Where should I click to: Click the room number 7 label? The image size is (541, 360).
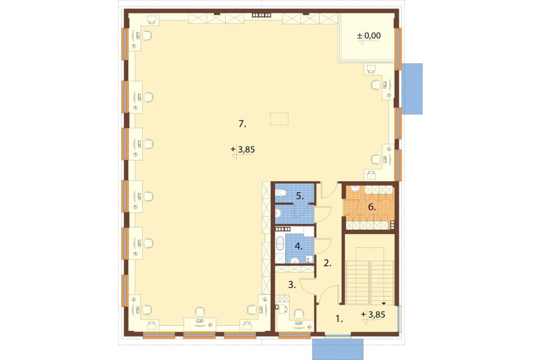242,124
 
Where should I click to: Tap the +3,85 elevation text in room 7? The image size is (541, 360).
243,149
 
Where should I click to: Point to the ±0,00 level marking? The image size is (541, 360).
369,35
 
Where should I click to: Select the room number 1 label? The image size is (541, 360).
339,319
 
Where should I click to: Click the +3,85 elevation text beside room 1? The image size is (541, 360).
373,315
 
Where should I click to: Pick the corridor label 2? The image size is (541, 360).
328,263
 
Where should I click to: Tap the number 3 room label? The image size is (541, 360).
292,285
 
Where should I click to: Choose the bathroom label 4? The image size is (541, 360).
299,246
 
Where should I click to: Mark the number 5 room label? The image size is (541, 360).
300,196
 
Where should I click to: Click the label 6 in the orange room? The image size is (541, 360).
371,207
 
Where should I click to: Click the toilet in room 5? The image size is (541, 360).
281,193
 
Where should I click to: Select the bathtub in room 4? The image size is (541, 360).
279,243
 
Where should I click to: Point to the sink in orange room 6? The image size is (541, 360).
355,188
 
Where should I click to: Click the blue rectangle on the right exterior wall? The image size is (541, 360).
413,89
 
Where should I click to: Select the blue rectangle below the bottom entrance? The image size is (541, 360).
338,349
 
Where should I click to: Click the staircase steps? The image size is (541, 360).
369,282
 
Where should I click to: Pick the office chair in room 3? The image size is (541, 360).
299,314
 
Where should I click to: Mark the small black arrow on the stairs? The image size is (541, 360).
384,304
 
